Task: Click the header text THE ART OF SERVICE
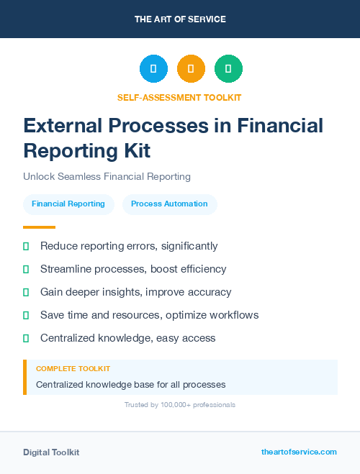tap(180, 19)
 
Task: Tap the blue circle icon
tap(153, 69)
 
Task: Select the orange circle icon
tap(191, 69)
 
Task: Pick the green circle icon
tap(228, 69)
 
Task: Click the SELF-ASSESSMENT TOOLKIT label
tap(180, 97)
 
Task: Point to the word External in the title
tap(63, 125)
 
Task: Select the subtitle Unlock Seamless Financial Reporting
tap(107, 176)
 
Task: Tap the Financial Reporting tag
tap(68, 204)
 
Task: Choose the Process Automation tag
tap(169, 204)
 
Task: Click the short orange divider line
tap(34, 227)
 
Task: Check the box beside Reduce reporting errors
tap(26, 247)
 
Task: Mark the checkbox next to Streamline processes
tap(26, 270)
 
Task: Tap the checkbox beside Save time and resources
tap(26, 316)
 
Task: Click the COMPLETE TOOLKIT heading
tap(73, 368)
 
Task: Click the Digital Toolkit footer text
tap(51, 452)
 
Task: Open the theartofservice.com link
tap(299, 452)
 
